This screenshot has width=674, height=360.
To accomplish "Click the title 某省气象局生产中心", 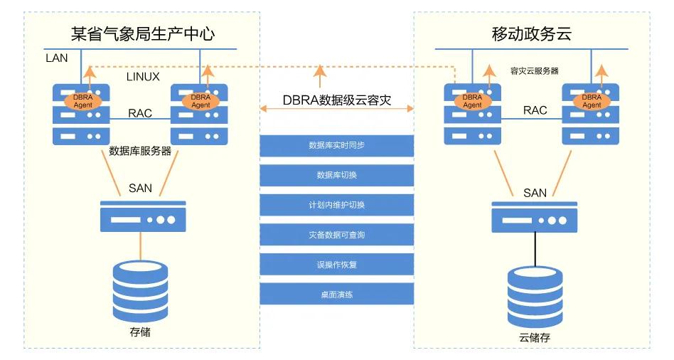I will click(143, 33).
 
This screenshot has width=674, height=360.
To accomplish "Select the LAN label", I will click(56, 58).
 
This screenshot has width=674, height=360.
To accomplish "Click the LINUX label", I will click(143, 76).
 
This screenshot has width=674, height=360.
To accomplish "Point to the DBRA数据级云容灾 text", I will click(337, 100).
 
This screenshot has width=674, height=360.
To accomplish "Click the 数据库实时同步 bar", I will click(336, 145).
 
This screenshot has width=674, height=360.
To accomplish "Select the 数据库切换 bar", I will click(336, 175).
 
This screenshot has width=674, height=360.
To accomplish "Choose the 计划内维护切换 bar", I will click(336, 205).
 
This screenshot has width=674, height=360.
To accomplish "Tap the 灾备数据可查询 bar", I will click(336, 235).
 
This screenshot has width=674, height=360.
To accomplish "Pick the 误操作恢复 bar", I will click(336, 265).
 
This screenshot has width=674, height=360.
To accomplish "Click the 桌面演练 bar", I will click(336, 295).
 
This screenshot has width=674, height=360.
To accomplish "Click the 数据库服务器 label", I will click(140, 151).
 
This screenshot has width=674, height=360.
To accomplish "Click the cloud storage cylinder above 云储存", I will click(535, 295).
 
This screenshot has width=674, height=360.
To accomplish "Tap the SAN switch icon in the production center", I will click(143, 216).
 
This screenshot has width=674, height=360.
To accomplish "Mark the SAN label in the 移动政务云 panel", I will click(535, 193).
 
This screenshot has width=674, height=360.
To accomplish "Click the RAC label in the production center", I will click(140, 113).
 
